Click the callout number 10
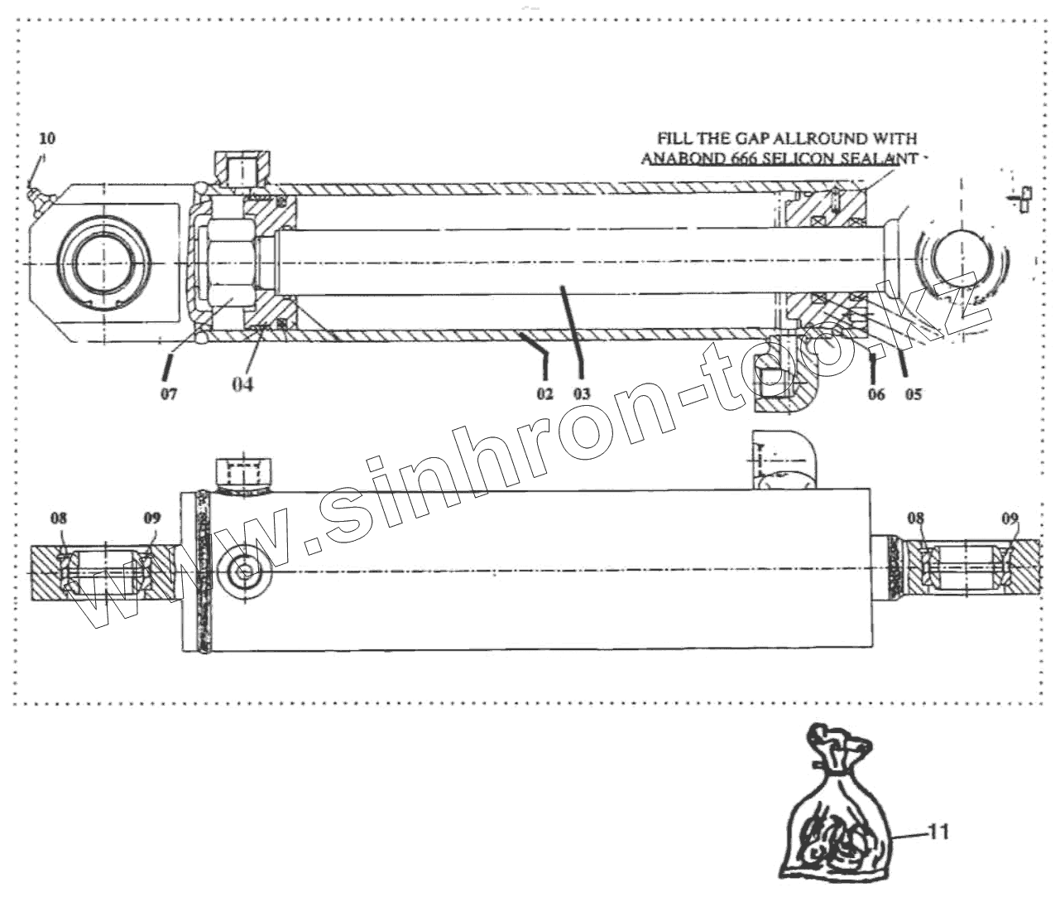coord(46,136)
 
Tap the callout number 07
coord(168,393)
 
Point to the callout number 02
coord(544,394)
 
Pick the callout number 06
coord(876,394)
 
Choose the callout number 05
coord(913,394)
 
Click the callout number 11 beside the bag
coord(938,831)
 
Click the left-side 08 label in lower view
coord(58,519)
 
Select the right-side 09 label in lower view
coord(1010,519)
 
